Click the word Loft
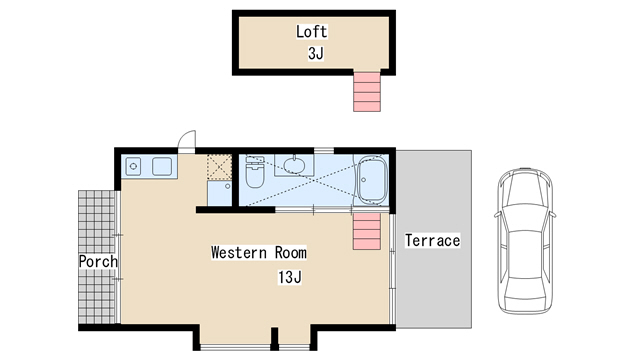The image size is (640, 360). [311, 32]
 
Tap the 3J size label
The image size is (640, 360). [316, 53]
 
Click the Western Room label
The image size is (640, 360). [259, 253]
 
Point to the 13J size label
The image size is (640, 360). [290, 277]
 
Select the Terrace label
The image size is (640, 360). [433, 240]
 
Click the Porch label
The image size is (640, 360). [98, 261]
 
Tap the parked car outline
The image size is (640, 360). [525, 241]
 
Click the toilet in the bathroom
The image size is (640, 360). [255, 171]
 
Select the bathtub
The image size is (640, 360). [371, 180]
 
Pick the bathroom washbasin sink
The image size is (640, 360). [294, 165]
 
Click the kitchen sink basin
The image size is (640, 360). [162, 167]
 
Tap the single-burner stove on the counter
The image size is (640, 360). [133, 167]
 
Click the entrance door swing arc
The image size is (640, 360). [187, 138]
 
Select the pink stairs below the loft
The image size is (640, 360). [367, 91]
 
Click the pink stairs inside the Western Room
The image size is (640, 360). [367, 231]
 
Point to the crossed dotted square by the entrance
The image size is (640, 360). [219, 167]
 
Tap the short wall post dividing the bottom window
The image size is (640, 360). [275, 338]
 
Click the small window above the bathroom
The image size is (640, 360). [324, 150]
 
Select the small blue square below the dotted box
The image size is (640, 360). [220, 193]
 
